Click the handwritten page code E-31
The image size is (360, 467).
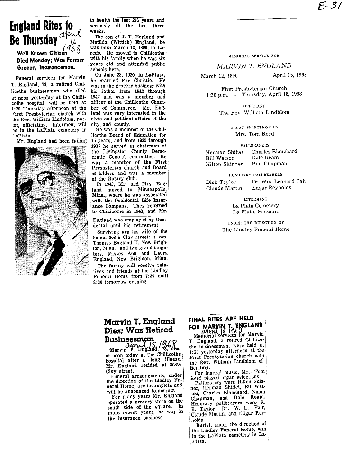coord(331,7)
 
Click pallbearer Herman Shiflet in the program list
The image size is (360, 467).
coord(225,152)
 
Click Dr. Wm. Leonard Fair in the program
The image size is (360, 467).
coord(279,182)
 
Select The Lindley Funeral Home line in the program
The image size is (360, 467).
coord(255,229)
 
